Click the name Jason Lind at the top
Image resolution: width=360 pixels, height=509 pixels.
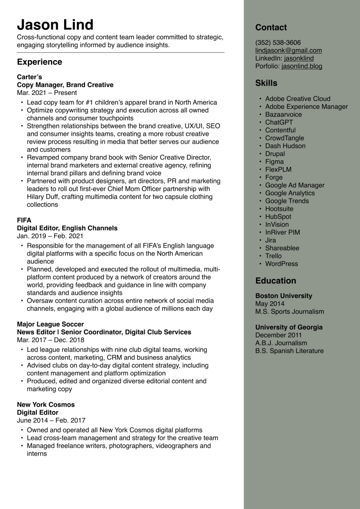point(55,24)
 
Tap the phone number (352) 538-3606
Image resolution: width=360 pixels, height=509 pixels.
point(278,43)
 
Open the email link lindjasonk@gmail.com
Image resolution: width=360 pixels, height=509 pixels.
point(288,51)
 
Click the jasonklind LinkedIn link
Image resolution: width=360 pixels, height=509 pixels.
point(299,58)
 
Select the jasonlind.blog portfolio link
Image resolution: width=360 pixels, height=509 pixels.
point(302,66)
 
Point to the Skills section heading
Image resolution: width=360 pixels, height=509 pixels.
point(266,83)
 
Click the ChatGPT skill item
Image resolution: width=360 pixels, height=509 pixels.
point(279,122)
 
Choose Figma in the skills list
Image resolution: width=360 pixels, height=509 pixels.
point(274,162)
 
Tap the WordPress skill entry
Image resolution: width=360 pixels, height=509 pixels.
point(281,264)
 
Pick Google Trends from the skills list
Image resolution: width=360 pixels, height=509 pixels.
point(287,201)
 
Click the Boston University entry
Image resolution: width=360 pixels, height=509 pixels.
point(283,296)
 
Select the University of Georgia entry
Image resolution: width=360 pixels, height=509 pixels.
point(289,327)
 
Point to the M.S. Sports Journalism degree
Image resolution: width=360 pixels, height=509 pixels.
point(289,312)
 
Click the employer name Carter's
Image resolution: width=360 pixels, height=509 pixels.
point(29,77)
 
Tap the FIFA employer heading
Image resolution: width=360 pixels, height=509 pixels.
point(24,220)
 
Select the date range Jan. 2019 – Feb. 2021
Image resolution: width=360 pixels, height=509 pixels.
point(50,236)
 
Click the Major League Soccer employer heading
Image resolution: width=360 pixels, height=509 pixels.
point(50,324)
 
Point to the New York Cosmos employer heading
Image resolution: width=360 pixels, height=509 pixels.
point(46,405)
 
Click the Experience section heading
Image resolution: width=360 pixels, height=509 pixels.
point(39,62)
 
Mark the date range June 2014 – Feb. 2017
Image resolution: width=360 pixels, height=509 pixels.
point(51,421)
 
